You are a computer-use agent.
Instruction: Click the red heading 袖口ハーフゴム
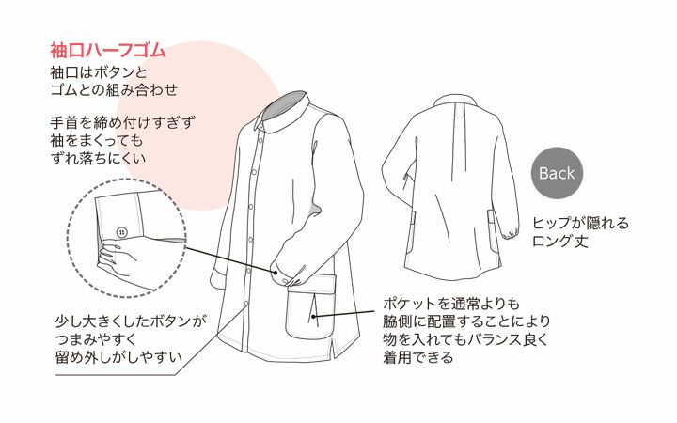click(108, 51)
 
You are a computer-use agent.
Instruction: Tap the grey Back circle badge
click(557, 173)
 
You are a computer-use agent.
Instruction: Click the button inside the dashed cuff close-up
click(122, 233)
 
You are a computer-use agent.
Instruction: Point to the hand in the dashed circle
click(118, 263)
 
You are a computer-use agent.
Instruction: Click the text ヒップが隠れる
click(580, 223)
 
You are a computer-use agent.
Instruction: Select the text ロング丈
click(560, 242)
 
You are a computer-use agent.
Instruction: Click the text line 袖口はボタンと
click(99, 72)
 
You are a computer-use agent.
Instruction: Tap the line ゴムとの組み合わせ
click(114, 90)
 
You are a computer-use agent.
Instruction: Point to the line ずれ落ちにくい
click(98, 159)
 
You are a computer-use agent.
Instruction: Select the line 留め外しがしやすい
click(118, 357)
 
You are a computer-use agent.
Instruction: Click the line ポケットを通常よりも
click(452, 304)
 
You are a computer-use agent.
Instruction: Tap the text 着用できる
click(418, 357)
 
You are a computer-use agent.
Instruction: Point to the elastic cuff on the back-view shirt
click(511, 233)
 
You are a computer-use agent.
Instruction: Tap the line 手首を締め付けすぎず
click(122, 123)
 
